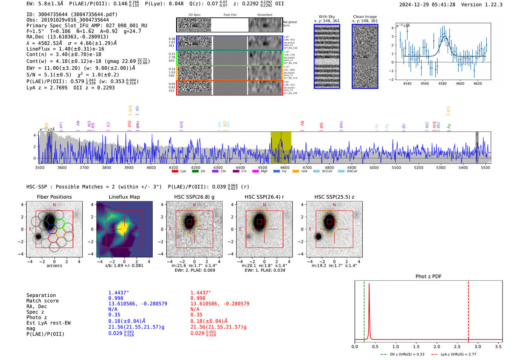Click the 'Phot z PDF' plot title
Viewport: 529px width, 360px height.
pyautogui.click(x=428, y=276)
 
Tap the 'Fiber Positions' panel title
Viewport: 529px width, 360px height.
pyautogui.click(x=54, y=197)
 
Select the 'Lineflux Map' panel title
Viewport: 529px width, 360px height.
pyautogui.click(x=124, y=197)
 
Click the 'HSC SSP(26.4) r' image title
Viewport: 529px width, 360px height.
pyautogui.click(x=264, y=197)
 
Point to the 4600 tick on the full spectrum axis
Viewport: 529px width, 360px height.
pyautogui.click(x=285, y=168)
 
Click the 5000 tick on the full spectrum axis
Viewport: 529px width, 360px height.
pyautogui.click(x=374, y=168)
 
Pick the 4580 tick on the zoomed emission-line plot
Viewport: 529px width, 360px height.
pyautogui.click(x=442, y=83)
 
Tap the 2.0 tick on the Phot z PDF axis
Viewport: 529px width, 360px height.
pyautogui.click(x=437, y=346)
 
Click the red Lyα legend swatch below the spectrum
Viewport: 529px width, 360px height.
pyautogui.click(x=175, y=172)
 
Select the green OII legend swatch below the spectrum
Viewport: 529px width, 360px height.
pyautogui.click(x=195, y=172)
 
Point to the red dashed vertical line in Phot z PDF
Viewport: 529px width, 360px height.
pyautogui.click(x=469, y=310)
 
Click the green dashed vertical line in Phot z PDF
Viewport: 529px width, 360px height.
pyautogui.click(x=364, y=310)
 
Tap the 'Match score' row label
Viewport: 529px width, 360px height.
pyautogui.click(x=42, y=301)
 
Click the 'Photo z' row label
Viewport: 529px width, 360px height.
pyautogui.click(x=37, y=317)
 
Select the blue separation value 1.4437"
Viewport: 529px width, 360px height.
pyautogui.click(x=119, y=293)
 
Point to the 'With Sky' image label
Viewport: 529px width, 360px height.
pyautogui.click(x=327, y=17)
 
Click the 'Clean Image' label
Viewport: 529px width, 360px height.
pyautogui.click(x=365, y=17)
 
